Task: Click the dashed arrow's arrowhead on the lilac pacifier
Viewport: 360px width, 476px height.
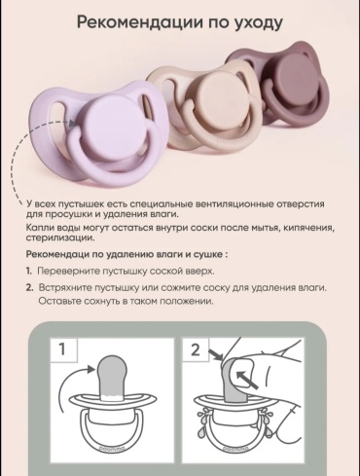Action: [73, 124]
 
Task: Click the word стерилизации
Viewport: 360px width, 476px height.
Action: [60, 238]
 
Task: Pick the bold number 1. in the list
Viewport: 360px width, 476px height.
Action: [29, 271]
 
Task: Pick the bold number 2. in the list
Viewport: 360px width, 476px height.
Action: [29, 287]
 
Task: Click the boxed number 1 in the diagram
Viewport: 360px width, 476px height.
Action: [62, 350]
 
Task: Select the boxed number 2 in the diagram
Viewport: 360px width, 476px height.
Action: [196, 350]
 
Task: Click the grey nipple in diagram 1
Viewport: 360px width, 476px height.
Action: [112, 377]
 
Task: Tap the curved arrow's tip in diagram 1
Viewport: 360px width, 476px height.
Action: [94, 368]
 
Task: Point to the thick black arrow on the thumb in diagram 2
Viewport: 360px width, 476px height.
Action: [247, 380]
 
